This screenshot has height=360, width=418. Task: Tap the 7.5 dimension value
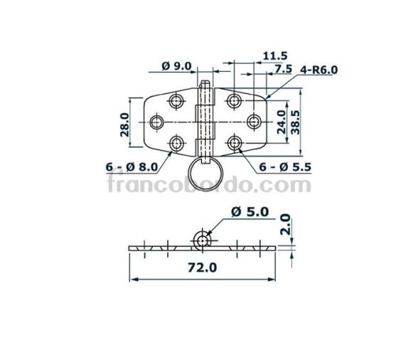tap(283, 68)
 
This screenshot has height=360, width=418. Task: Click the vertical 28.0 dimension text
tap(124, 124)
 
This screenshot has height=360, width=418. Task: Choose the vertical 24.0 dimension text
tap(281, 122)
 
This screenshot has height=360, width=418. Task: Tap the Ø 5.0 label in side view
tap(250, 211)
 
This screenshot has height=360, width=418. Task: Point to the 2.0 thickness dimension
tap(286, 225)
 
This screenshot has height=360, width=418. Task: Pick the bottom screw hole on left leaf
tap(176, 144)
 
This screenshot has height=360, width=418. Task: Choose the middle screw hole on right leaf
tap(253, 122)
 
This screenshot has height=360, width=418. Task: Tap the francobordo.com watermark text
tap(209, 186)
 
